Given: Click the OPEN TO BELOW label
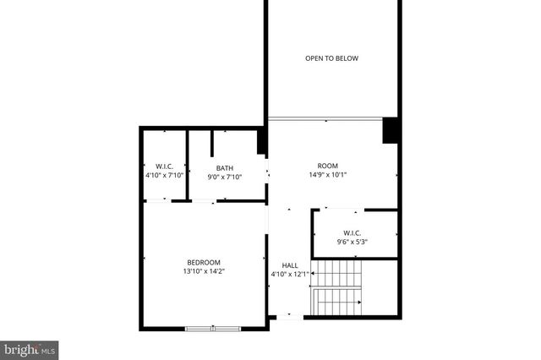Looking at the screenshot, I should point(331,58).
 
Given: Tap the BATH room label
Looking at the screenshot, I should point(224,167).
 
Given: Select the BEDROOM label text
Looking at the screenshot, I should point(204,262).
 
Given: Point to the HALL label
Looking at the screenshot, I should point(290,265).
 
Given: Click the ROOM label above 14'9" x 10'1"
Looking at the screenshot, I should point(327,166).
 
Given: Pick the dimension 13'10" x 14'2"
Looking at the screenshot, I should point(204,271).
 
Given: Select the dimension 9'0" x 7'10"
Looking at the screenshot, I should point(225,177).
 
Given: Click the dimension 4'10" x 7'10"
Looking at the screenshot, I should point(165,176).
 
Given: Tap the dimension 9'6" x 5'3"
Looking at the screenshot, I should point(352,243).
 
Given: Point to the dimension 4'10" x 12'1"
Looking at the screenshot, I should point(290,274).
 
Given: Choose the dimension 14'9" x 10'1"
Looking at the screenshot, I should point(327,175).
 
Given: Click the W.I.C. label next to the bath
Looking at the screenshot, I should point(165,166).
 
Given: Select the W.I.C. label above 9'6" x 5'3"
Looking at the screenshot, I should point(352,233).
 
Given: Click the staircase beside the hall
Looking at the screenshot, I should point(337,288).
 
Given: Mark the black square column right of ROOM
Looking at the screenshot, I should point(391,130).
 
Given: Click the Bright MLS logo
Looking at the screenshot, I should point(29,348).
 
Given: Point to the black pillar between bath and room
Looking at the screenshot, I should point(262,139).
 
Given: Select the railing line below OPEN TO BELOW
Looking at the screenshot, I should point(325,118).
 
